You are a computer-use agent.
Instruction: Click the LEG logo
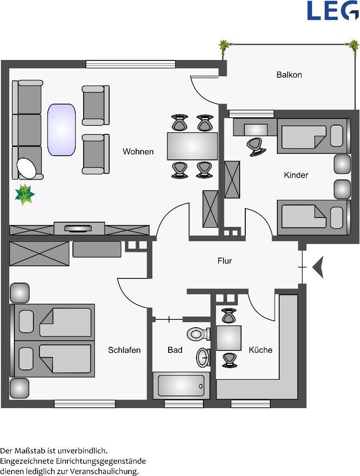pos(333,10)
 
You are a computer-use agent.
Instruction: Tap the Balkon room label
pos(289,75)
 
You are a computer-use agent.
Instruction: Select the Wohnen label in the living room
pos(138,152)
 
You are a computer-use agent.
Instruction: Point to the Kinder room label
pos(296,175)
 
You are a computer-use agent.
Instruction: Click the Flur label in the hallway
pos(225,261)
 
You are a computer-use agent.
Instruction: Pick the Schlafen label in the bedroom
pos(124,350)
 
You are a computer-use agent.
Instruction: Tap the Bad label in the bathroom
pos(175,350)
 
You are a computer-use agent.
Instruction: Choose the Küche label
pos(261,350)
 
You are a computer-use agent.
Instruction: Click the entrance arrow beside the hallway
pos(318,267)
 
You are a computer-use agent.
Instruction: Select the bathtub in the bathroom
pos(181,385)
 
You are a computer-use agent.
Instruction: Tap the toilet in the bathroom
pos(198,334)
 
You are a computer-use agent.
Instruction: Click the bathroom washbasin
pos(203,357)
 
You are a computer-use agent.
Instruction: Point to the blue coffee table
pos(62,130)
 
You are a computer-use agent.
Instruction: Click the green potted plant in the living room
pos(25,194)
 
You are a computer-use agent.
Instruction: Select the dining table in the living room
pos(193,146)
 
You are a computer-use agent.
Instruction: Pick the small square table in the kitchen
pos(229,338)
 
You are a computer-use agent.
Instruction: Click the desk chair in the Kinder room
pos(257,146)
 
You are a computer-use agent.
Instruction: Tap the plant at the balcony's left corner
pos(223,48)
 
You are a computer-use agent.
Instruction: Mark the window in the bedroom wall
pos(85,404)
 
